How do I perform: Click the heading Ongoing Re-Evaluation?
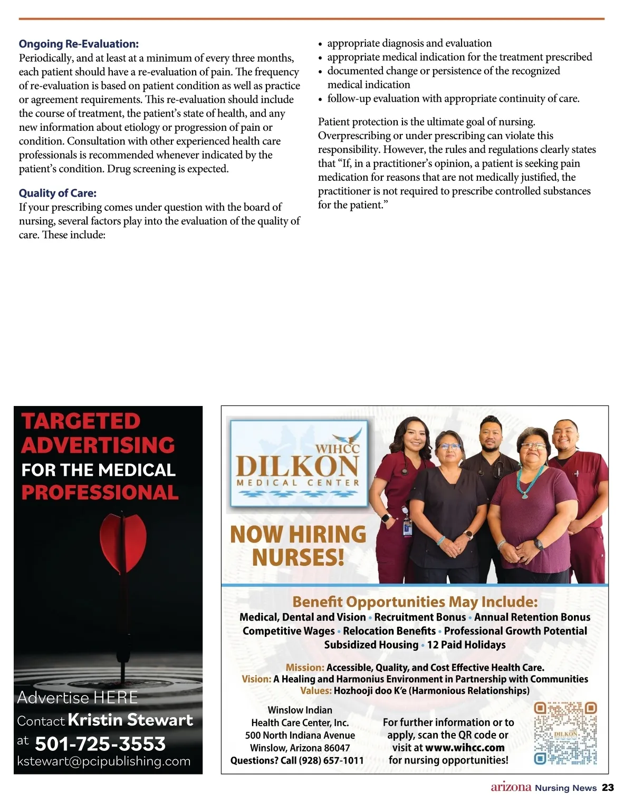(x=79, y=44)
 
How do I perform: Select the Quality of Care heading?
(x=58, y=194)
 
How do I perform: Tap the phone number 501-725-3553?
(x=100, y=743)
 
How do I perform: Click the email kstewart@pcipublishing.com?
(x=104, y=761)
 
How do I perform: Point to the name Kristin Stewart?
(x=130, y=720)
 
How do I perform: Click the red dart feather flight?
(x=123, y=543)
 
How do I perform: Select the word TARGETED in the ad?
(x=81, y=421)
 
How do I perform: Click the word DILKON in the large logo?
(x=298, y=467)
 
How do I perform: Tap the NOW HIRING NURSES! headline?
(x=298, y=546)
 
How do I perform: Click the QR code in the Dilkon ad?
(x=565, y=733)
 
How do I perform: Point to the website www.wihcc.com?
(x=465, y=748)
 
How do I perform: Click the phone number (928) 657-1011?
(x=331, y=760)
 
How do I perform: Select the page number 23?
(x=608, y=788)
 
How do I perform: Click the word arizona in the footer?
(x=511, y=788)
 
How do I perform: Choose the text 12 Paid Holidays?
(x=466, y=645)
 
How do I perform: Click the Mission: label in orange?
(x=305, y=668)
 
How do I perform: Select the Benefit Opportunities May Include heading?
(x=415, y=602)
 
